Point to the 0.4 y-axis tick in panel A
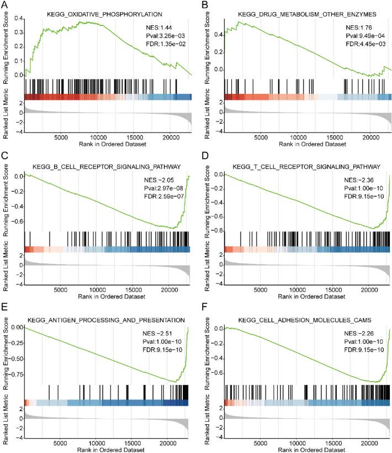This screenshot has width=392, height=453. click(x=18, y=18)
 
